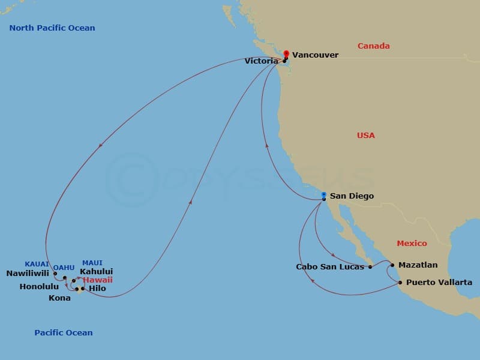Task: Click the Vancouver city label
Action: coord(315,55)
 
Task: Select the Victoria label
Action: coord(261,61)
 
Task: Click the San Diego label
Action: coord(352,196)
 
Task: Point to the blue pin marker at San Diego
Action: coord(323,195)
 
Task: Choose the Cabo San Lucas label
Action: coord(330,267)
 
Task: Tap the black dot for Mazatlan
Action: coord(392,265)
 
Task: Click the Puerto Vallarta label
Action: coord(439,282)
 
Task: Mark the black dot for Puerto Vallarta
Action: coord(400,281)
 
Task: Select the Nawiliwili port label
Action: coord(28,274)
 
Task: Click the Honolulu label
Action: coord(39,287)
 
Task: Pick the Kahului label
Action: coord(96,272)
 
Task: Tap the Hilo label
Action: coord(97,289)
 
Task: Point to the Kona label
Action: coord(59,298)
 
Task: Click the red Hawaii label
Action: coord(97,280)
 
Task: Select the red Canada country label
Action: coord(373,46)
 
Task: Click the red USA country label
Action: coord(365,136)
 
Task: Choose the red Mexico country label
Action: coord(412,244)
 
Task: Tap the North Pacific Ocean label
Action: coord(52,28)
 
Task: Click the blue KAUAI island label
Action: coord(37,264)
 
